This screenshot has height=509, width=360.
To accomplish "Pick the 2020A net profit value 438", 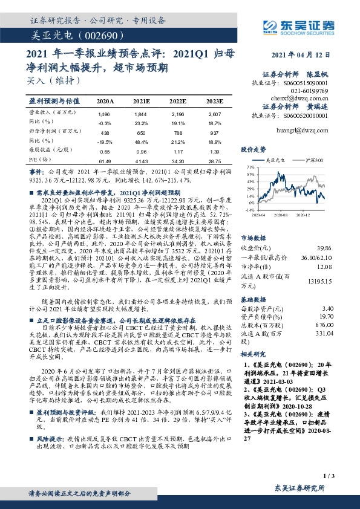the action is coord(103,132).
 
